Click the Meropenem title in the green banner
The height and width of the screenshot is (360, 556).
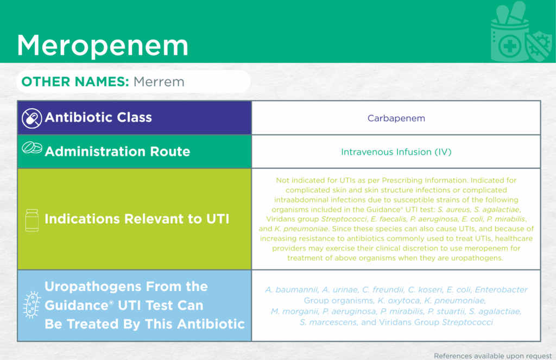[103, 45]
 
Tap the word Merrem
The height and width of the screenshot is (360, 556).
[159, 82]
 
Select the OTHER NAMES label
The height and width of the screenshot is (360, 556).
[75, 82]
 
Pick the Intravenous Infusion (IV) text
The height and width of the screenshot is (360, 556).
[396, 152]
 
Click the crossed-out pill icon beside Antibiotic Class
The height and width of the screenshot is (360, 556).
[31, 118]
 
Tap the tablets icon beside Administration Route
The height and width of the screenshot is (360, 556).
[32, 148]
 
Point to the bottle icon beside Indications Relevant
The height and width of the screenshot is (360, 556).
[32, 220]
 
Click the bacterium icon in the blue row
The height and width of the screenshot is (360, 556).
[31, 305]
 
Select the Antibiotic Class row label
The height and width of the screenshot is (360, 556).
[98, 117]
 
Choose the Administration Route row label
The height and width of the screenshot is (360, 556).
[117, 151]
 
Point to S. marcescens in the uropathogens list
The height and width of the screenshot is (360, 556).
[328, 322]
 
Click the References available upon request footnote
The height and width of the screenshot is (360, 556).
[492, 356]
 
